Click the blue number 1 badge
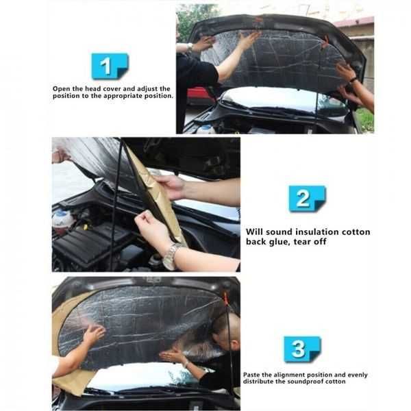(110, 66)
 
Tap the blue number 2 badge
(307, 199)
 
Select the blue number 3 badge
(302, 349)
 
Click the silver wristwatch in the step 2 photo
(171, 256)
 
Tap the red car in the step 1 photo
(200, 95)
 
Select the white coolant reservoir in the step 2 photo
(62, 220)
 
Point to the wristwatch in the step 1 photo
(190, 47)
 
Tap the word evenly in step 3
(358, 375)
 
